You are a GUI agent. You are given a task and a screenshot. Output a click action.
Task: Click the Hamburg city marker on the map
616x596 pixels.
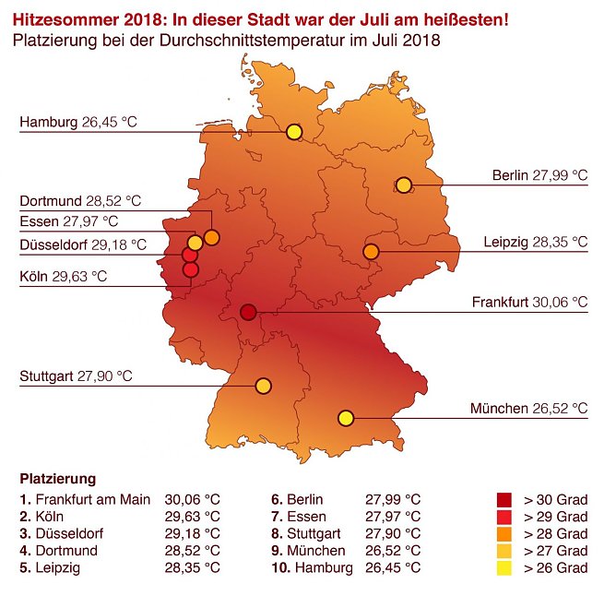pos(294,132)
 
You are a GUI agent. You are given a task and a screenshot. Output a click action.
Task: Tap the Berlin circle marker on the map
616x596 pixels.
pos(403,185)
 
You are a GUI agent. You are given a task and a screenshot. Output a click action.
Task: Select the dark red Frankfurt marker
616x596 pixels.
pos(248,313)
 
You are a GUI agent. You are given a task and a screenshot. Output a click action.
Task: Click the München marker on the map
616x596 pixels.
pos(346,418)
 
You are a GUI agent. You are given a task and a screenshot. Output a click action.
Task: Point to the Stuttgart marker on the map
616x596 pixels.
pos(263,386)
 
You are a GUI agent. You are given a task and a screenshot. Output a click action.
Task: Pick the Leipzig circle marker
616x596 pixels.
pos(371,251)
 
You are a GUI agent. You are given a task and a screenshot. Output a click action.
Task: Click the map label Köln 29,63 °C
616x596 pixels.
pos(63,276)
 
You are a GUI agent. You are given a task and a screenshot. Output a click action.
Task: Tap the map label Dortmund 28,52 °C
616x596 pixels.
pos(81,200)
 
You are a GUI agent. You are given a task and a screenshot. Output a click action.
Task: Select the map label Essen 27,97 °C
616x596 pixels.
pos(69,221)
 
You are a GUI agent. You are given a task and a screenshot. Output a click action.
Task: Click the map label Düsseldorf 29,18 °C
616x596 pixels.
pos(83,244)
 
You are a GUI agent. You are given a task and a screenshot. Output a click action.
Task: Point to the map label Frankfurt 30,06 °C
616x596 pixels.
pos(529,302)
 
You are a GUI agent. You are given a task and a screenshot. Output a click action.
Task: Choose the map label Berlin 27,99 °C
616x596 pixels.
pos(539,174)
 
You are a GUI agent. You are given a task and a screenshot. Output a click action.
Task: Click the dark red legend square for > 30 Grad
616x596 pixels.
pos(503,500)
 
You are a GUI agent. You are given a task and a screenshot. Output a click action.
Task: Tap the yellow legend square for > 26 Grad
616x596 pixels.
pos(503,567)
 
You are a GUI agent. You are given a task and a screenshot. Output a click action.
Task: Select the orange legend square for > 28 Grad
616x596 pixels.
pos(503,533)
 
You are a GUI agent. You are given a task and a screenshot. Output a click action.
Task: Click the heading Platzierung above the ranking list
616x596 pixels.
pos(58,480)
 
